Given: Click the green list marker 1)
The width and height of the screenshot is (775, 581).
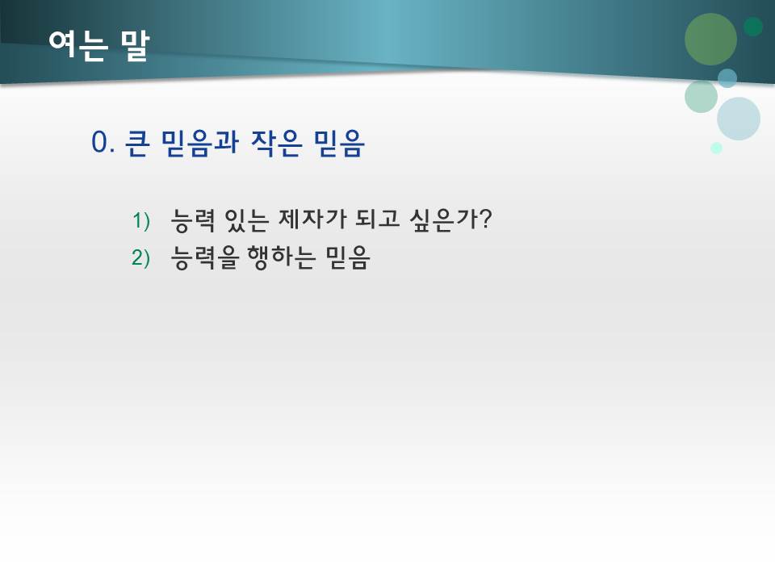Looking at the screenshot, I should click(x=141, y=219).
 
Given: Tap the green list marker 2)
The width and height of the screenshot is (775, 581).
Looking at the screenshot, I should click(x=141, y=257).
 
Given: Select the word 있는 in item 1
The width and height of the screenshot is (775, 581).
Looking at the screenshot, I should click(x=245, y=219).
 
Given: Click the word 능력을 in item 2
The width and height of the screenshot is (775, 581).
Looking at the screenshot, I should click(x=207, y=257).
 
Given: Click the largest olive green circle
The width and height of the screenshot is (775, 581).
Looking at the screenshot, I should click(x=710, y=39).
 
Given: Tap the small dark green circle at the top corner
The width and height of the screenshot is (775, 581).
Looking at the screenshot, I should click(x=753, y=27).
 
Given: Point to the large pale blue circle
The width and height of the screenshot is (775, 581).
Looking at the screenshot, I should click(x=739, y=119).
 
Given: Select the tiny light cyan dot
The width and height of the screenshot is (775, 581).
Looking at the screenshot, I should click(x=716, y=148).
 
